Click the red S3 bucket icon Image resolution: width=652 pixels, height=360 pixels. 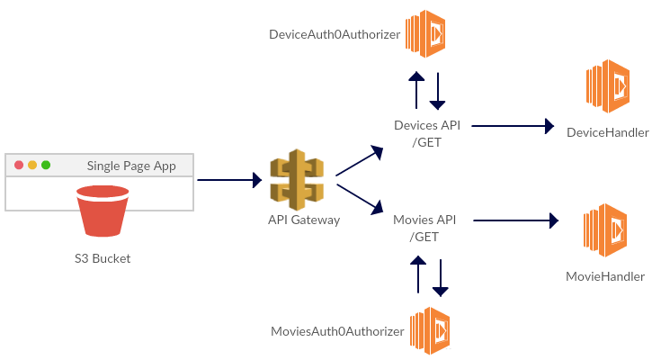pyautogui.click(x=102, y=211)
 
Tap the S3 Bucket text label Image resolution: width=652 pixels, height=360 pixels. pyautogui.click(x=102, y=258)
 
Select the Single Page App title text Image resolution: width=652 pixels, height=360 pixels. pyautogui.click(x=138, y=166)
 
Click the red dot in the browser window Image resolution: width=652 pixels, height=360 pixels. pyautogui.click(x=18, y=166)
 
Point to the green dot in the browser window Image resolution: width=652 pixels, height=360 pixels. pyautogui.click(x=46, y=166)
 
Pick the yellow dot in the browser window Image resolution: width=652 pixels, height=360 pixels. pyautogui.click(x=32, y=166)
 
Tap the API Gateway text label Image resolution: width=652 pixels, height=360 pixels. pyautogui.click(x=304, y=220)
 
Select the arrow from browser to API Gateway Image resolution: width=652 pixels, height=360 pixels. pyautogui.click(x=230, y=180)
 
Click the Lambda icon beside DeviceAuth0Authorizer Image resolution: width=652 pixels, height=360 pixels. pyautogui.click(x=426, y=33)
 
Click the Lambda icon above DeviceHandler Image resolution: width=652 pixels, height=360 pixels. pyautogui.click(x=606, y=86)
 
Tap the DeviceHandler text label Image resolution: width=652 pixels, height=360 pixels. pyautogui.click(x=608, y=133)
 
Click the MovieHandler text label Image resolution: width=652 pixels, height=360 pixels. pyautogui.click(x=605, y=276)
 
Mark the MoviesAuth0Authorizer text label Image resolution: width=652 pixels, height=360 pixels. pyautogui.click(x=337, y=331)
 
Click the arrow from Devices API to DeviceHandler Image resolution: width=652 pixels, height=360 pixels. pyautogui.click(x=514, y=126)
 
